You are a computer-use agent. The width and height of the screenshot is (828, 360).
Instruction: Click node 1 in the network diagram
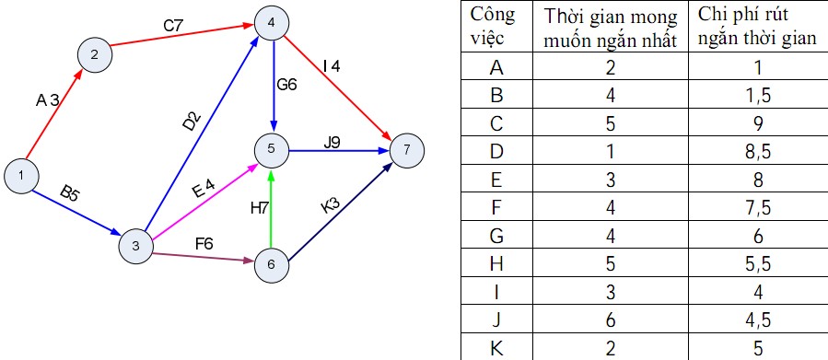[20, 176]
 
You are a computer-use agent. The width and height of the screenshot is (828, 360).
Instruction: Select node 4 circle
[272, 23]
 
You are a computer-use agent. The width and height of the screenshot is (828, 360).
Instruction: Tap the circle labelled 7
[406, 150]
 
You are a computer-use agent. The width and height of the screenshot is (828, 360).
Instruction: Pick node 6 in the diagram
[272, 264]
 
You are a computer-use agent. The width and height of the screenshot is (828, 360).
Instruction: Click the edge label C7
[173, 26]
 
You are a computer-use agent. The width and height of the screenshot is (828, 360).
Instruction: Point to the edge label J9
[332, 143]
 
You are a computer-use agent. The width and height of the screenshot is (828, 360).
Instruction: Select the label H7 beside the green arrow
[260, 209]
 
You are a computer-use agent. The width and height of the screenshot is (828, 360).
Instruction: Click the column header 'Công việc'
[493, 26]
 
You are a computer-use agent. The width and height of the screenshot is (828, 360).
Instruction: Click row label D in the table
[496, 152]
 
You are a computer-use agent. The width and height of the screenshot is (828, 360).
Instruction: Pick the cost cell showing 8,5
[758, 152]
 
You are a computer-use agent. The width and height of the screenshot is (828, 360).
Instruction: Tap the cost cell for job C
[758, 123]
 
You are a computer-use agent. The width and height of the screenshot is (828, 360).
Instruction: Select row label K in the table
[496, 347]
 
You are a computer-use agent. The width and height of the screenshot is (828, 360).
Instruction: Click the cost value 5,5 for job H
[758, 263]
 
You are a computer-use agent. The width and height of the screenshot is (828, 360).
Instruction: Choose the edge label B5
[69, 194]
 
